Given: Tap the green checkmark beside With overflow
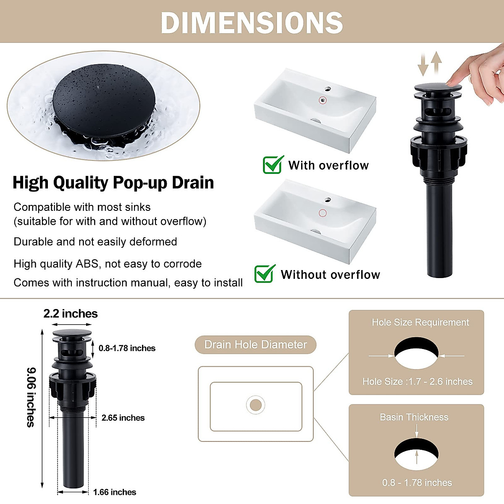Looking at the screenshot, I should [x=273, y=165].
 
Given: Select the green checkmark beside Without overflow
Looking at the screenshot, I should [x=265, y=273].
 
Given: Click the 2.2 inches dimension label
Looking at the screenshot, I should [x=71, y=314].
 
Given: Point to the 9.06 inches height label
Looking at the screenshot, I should [x=31, y=397].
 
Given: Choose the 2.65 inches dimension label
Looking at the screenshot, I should [x=123, y=418].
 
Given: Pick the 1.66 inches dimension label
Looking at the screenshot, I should [x=115, y=492].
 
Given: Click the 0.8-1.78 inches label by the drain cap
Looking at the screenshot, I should [x=127, y=348].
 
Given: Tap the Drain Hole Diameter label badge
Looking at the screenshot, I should [x=255, y=345].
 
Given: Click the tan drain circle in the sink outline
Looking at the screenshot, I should [x=255, y=405].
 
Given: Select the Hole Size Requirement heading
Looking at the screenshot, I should [x=420, y=323].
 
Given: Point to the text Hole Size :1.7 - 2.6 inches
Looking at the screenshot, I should [x=417, y=382].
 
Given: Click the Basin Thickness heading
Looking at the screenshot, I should [x=414, y=417].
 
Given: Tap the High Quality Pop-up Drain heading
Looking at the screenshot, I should [x=113, y=183].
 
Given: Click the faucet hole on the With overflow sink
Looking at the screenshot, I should [x=328, y=89].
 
